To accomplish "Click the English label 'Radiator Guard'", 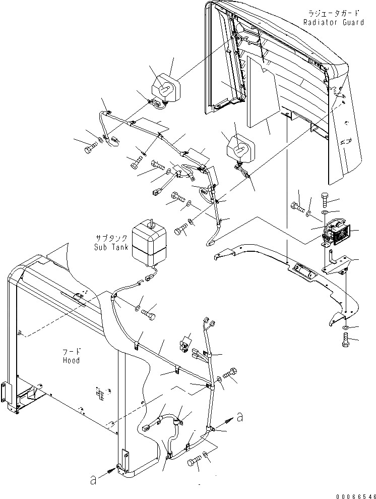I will (333, 22).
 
